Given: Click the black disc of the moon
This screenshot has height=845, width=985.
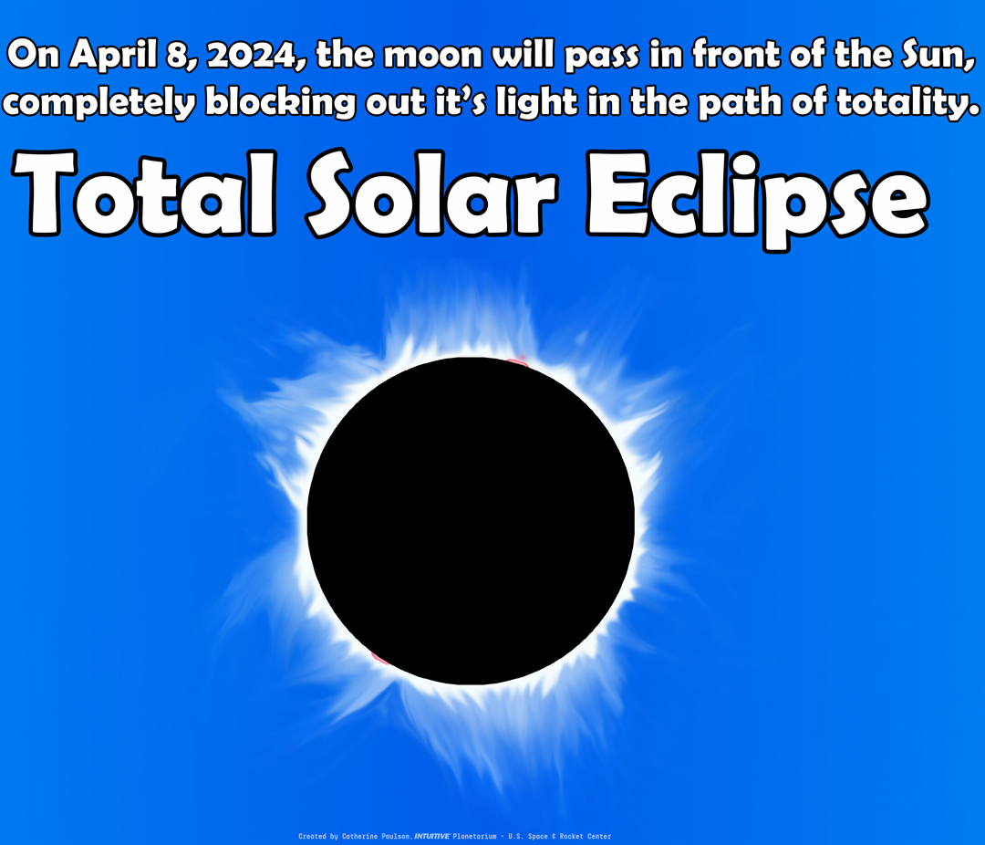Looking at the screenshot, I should click(x=471, y=521).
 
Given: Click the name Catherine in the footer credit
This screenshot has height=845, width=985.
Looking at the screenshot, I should click(x=369, y=836).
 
